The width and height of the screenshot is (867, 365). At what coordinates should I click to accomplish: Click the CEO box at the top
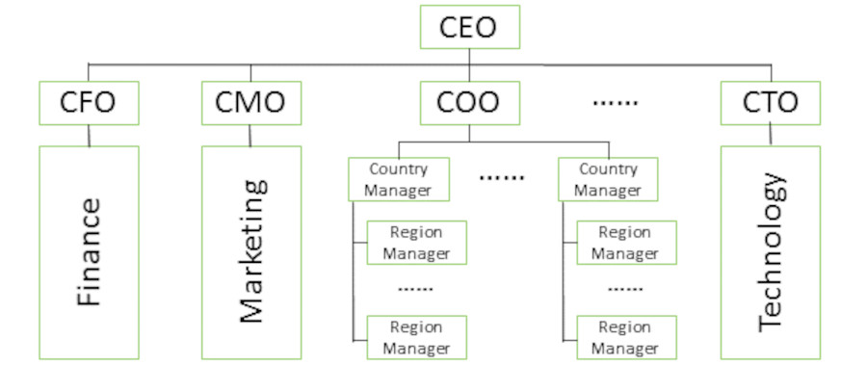point(469,27)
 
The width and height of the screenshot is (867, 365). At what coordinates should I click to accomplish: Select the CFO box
point(89,102)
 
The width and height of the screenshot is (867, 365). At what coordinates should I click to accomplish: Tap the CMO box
point(250,102)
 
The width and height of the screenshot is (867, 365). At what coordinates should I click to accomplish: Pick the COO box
point(469,102)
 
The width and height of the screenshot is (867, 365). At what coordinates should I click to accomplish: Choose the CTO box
point(771,102)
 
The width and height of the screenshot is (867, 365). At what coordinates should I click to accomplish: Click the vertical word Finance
point(89,252)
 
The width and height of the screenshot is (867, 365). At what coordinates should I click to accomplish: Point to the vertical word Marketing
point(250,252)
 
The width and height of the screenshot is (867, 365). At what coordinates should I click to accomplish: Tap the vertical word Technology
point(771,252)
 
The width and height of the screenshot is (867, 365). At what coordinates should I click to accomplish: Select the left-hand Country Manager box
point(398,179)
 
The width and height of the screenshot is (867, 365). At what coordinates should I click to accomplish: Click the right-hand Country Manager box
point(607,179)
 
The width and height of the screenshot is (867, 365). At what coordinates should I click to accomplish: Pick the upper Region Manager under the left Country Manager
point(416,243)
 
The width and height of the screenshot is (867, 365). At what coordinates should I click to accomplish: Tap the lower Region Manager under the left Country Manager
point(416,337)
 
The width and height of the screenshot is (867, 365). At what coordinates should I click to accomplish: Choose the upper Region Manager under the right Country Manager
point(625,243)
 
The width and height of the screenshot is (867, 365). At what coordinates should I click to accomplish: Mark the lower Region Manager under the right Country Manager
point(625,337)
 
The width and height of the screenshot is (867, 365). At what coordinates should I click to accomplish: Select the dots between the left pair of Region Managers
point(415,289)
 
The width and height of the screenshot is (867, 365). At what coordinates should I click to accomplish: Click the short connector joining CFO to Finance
point(89,136)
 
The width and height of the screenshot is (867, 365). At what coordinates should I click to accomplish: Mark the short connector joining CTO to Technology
point(771,136)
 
